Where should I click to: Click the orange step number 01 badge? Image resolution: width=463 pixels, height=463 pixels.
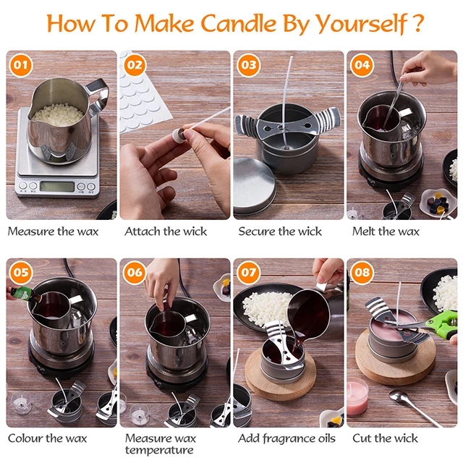22,65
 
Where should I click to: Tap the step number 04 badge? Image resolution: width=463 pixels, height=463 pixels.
362,65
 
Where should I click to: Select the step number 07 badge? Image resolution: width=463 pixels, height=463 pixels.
248,273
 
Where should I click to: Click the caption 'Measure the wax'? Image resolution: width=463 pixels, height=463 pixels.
53,231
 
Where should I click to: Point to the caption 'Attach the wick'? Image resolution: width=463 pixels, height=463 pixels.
166,231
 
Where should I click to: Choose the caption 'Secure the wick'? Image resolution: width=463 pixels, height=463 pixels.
280,231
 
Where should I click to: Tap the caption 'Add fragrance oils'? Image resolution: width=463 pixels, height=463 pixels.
286,438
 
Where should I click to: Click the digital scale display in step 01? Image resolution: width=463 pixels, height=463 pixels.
56,186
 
